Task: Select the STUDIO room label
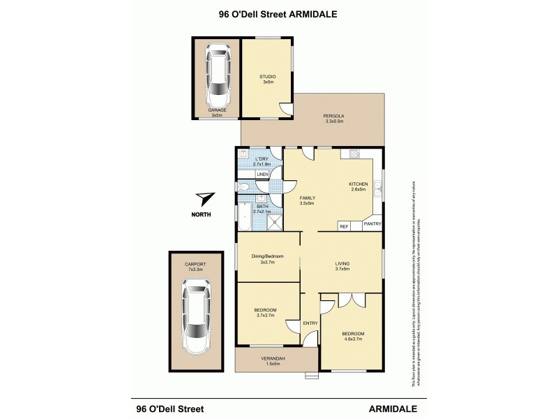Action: pyautogui.click(x=268, y=76)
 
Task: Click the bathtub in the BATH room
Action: pyautogui.click(x=244, y=216)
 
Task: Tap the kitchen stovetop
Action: pyautogui.click(x=353, y=154)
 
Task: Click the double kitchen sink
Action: pyautogui.click(x=377, y=187)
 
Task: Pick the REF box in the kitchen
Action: pyautogui.click(x=344, y=226)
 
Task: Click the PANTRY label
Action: pyautogui.click(x=372, y=224)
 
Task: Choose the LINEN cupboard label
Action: pyautogui.click(x=262, y=174)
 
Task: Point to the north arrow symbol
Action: pyautogui.click(x=204, y=199)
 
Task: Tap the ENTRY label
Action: pyautogui.click(x=310, y=323)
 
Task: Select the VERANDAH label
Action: pyautogui.click(x=271, y=358)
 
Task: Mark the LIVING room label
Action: pyautogui.click(x=342, y=263)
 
